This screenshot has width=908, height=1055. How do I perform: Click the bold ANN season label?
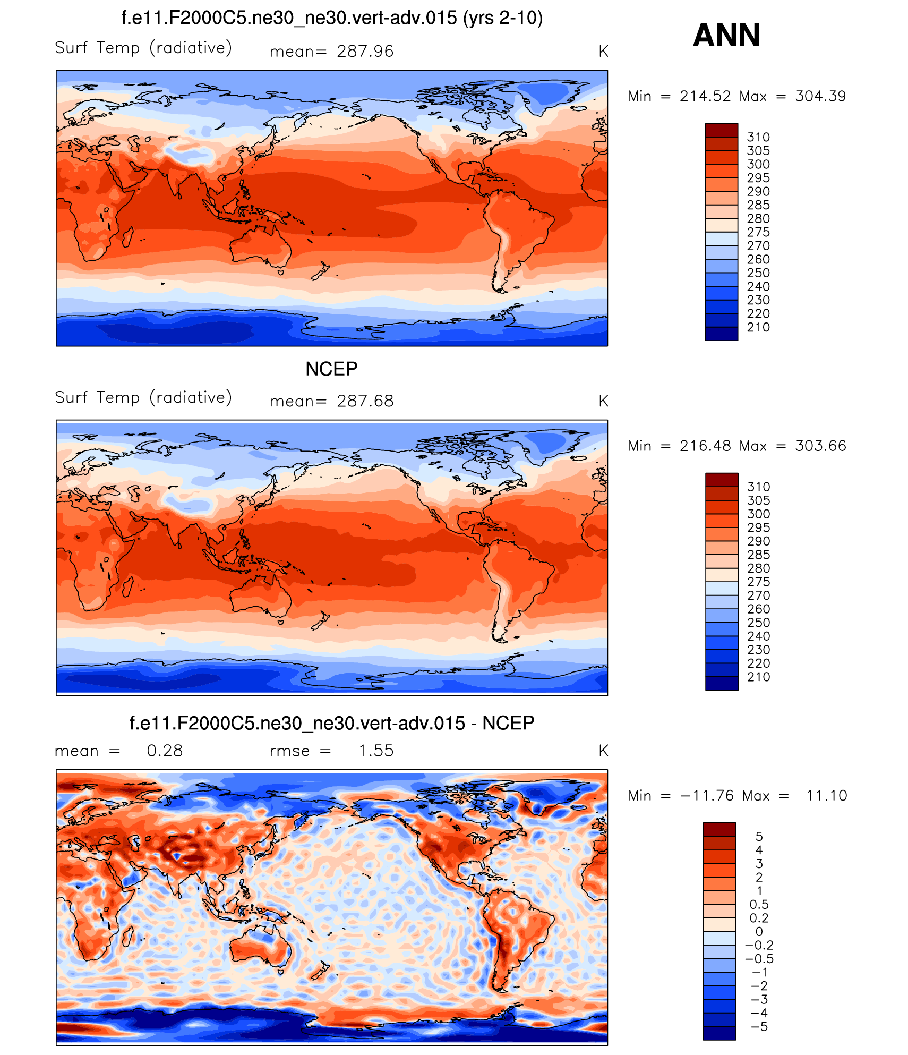[x=726, y=35]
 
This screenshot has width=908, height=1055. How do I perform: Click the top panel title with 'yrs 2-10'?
[x=332, y=18]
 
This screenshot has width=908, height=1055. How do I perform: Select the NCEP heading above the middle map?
[x=331, y=369]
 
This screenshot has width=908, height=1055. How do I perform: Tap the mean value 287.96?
[x=365, y=52]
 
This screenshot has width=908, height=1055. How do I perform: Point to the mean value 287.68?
[x=365, y=401]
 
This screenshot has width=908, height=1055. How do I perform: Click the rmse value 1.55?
[x=375, y=751]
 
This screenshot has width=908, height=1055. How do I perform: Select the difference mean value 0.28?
[x=165, y=751]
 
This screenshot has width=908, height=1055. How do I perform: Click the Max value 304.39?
[x=820, y=96]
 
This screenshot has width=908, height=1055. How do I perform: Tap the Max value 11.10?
[x=826, y=795]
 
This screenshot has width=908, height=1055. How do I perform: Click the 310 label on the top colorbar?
[x=758, y=137]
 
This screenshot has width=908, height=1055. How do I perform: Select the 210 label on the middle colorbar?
[x=758, y=677]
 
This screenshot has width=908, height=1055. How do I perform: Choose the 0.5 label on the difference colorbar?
[x=759, y=904]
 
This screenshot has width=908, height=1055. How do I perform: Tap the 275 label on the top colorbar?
[x=758, y=232]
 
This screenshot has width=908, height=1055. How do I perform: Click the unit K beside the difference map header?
[x=603, y=751]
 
